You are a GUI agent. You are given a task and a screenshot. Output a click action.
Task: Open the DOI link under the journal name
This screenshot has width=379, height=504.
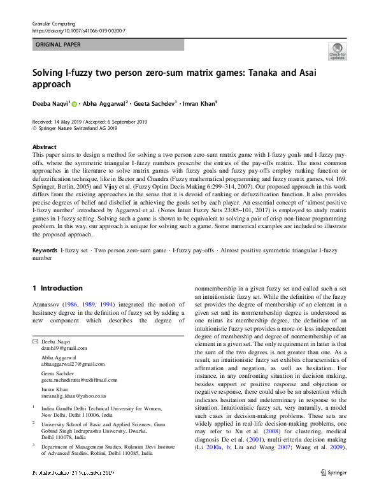(78, 30)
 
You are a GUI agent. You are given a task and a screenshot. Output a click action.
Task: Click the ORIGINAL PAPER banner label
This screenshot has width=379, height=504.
(59, 45)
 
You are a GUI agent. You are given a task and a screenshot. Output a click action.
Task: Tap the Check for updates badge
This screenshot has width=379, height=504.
(337, 51)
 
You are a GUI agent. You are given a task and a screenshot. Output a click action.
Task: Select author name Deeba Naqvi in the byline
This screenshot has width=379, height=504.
(50, 103)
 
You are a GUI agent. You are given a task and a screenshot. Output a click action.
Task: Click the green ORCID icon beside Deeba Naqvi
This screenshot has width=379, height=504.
(74, 103)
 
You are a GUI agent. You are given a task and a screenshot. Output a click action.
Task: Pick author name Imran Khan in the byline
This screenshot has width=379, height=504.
(196, 103)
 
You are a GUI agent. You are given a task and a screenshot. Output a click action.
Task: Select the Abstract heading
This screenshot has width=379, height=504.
(44, 147)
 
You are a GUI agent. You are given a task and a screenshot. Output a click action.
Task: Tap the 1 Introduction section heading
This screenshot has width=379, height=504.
(57, 289)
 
